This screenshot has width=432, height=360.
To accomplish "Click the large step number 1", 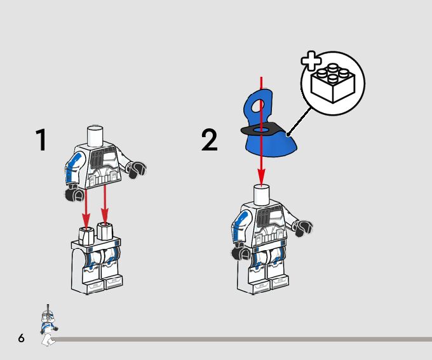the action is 41,140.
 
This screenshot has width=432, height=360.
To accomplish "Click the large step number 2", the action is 210,140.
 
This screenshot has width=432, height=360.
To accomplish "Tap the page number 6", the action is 21,338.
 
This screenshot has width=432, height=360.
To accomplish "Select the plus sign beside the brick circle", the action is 311,61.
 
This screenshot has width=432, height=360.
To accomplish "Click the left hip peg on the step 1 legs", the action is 87,232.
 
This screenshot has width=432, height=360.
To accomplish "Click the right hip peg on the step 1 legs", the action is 105,231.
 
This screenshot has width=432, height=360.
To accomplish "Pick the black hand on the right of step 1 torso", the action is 137,169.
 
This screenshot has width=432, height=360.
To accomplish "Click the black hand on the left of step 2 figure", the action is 241,252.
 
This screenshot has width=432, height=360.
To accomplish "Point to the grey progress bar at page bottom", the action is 241,339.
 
